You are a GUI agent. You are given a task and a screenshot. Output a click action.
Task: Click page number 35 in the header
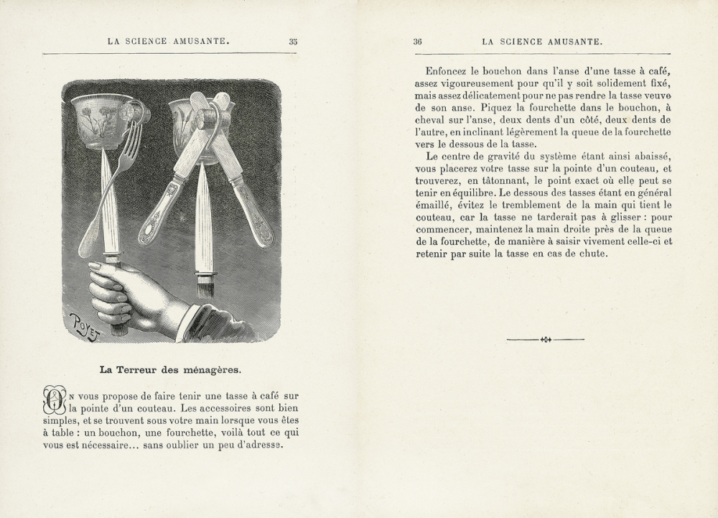[x=293, y=42]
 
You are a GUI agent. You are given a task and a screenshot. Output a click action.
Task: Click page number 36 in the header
[x=418, y=42]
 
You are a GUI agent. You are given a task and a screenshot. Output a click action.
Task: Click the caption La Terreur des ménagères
[x=170, y=371]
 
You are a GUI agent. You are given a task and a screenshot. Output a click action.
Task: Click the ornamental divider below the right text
[x=545, y=338]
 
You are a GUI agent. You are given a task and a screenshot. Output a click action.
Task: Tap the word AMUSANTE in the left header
[x=195, y=42]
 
